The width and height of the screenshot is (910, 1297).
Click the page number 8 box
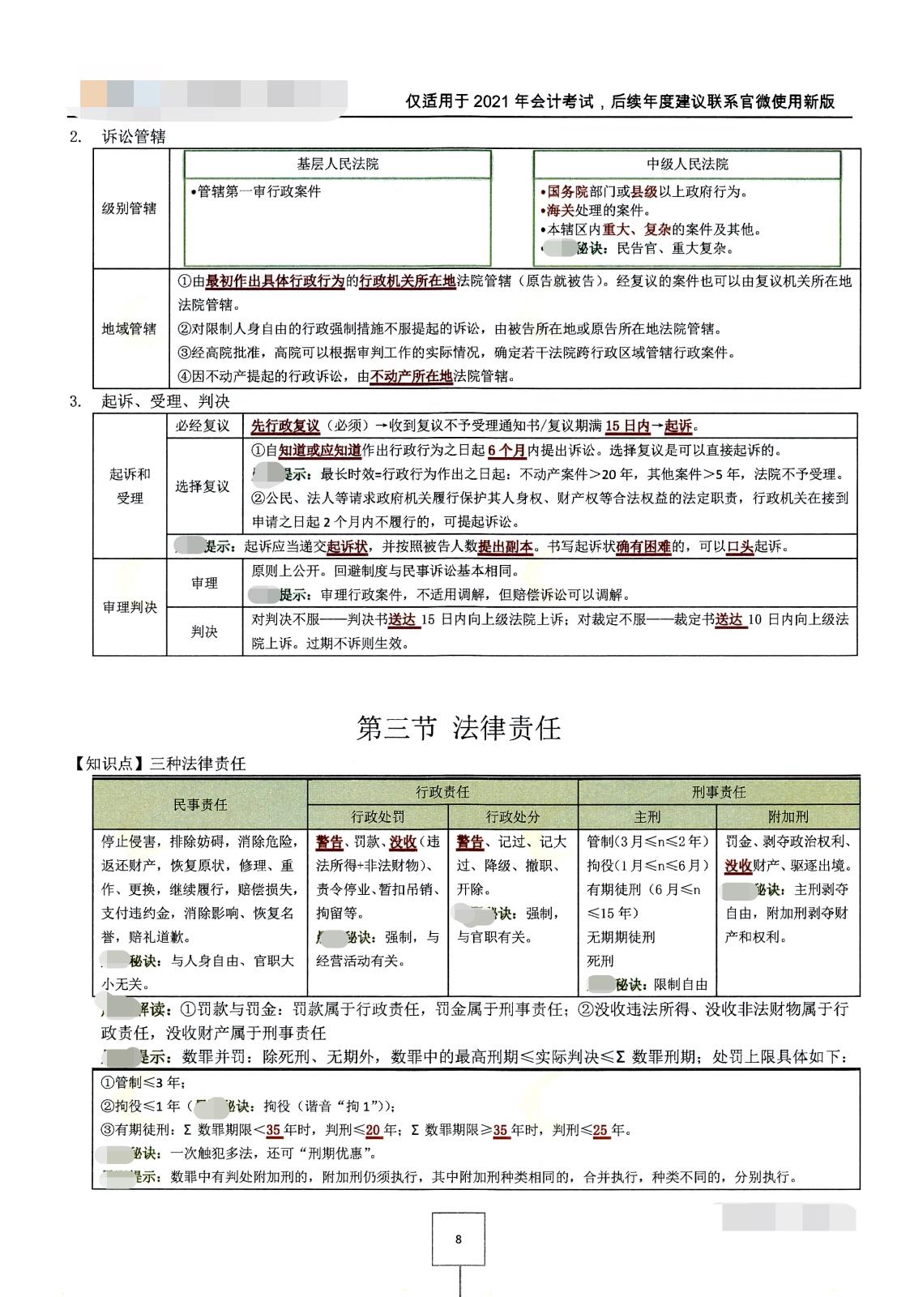click(459, 1239)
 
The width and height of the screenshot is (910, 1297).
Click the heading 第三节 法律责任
click(459, 727)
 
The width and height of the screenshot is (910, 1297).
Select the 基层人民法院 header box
click(338, 164)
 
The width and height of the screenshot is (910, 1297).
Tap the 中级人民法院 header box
click(687, 164)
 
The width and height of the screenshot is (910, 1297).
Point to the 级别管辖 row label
click(130, 208)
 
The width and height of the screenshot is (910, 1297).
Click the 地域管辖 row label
click(130, 328)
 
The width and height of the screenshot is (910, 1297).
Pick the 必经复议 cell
click(203, 426)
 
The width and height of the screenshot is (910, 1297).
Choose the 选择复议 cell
click(203, 486)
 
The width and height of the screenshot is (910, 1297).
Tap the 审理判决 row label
click(130, 607)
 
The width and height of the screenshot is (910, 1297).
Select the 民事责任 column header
click(200, 803)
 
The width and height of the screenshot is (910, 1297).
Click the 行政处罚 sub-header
click(378, 816)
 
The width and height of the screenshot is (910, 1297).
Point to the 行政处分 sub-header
click(513, 816)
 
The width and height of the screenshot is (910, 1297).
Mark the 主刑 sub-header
click(647, 816)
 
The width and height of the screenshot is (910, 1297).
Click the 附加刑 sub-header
click(788, 816)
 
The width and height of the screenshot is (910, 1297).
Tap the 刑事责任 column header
click(719, 792)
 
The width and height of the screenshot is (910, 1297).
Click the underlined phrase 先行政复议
click(285, 426)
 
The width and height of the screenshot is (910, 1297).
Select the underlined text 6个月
click(506, 451)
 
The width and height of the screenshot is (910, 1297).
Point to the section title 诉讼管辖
click(134, 136)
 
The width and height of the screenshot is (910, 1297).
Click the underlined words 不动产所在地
click(411, 376)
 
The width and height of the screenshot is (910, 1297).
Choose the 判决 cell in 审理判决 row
click(204, 631)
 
